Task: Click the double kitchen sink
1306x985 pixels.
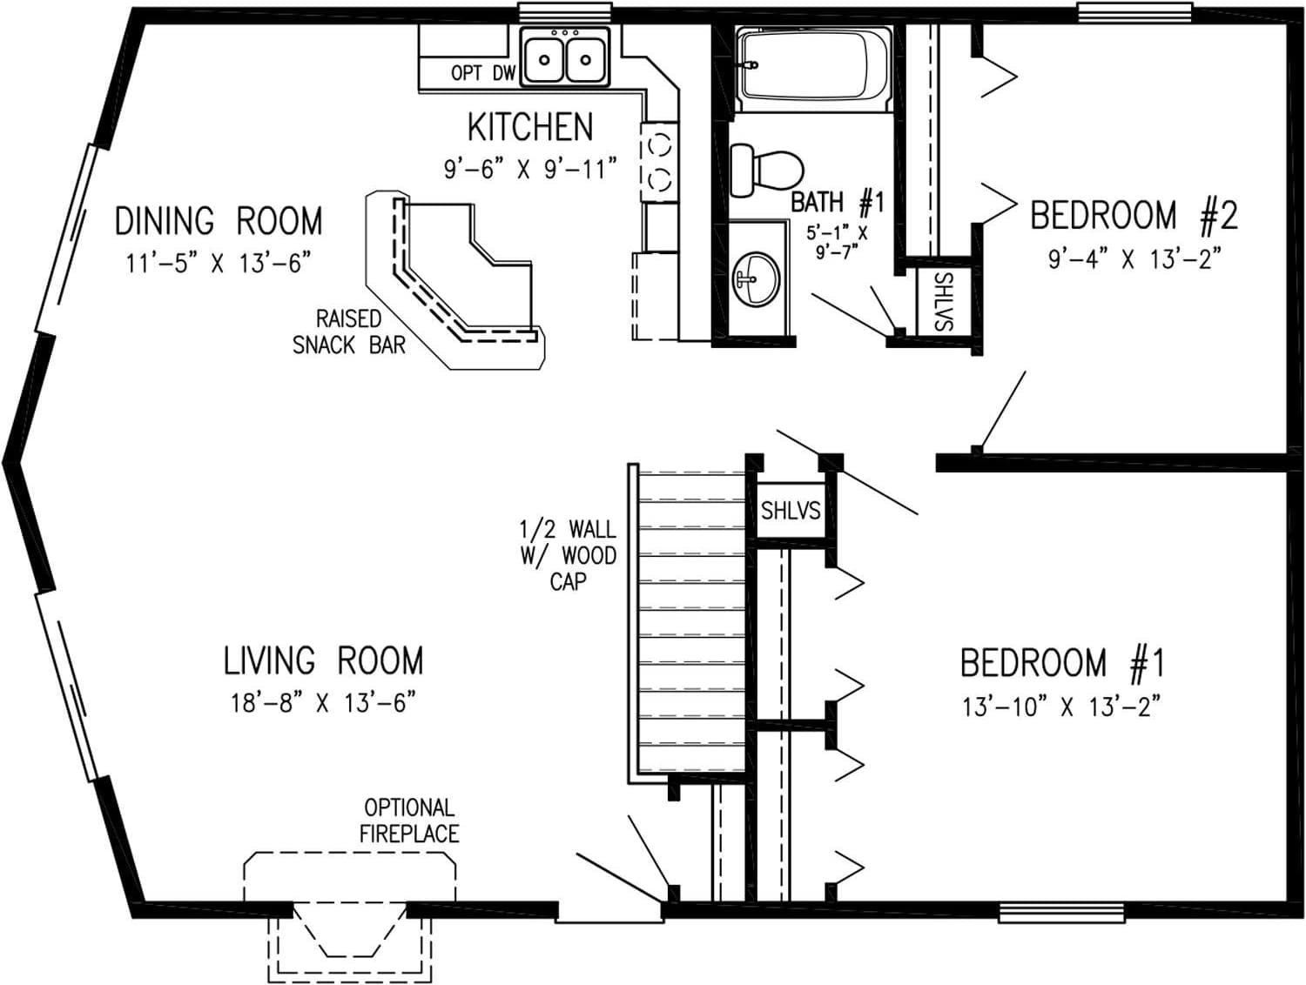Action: [x=564, y=57]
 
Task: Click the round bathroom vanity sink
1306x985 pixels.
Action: [x=754, y=279]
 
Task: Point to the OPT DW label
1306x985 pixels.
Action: [x=482, y=74]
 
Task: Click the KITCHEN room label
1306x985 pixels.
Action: [x=530, y=127]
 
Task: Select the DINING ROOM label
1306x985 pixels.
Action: [x=219, y=221]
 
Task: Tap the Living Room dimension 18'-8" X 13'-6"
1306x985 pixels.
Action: [x=322, y=702]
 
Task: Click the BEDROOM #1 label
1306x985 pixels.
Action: [x=1061, y=663]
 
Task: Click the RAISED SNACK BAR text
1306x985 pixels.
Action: [x=348, y=332]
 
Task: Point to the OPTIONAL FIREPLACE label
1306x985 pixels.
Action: [x=409, y=821]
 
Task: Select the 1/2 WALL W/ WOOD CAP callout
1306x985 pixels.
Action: [x=568, y=554]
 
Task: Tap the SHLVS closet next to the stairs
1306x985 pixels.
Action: [x=790, y=510]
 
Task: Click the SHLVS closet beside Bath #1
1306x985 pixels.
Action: [x=943, y=301]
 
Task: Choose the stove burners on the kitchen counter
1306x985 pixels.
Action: [x=659, y=159]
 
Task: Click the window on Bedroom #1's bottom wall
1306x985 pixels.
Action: [x=1060, y=912]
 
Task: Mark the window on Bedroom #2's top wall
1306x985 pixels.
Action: [x=1134, y=12]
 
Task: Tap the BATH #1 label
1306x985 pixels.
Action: [x=837, y=203]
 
